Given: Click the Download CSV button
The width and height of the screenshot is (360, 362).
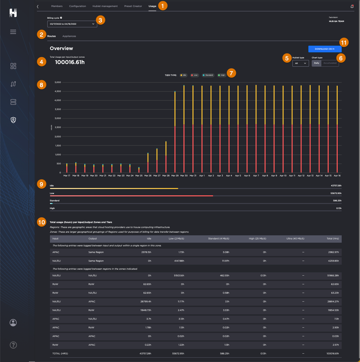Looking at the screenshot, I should click(325, 49).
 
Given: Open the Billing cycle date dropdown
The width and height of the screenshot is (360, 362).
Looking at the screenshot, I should click(72, 24).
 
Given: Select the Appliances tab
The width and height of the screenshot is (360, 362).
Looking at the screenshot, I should click(69, 36).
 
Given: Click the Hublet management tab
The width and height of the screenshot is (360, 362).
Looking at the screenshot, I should click(105, 6).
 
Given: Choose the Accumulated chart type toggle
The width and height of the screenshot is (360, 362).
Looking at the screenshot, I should click(330, 63).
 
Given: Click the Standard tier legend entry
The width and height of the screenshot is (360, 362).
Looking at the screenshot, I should click(208, 75).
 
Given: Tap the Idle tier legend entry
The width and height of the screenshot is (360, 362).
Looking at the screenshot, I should click(183, 75).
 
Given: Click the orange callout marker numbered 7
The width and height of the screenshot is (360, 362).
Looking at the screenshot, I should click(231, 73).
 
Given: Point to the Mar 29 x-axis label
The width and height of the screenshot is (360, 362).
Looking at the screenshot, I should click(175, 175).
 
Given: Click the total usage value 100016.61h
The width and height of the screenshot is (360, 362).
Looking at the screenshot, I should click(70, 62).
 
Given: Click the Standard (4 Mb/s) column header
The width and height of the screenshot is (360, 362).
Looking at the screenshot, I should click(218, 239).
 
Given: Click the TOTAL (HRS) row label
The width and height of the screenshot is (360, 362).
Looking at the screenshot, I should click(60, 353).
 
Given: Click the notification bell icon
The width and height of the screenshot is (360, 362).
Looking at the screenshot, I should click(352, 6).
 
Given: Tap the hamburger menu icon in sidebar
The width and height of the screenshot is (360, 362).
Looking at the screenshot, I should click(13, 32).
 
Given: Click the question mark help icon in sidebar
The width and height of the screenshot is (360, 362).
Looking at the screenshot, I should click(13, 345).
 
